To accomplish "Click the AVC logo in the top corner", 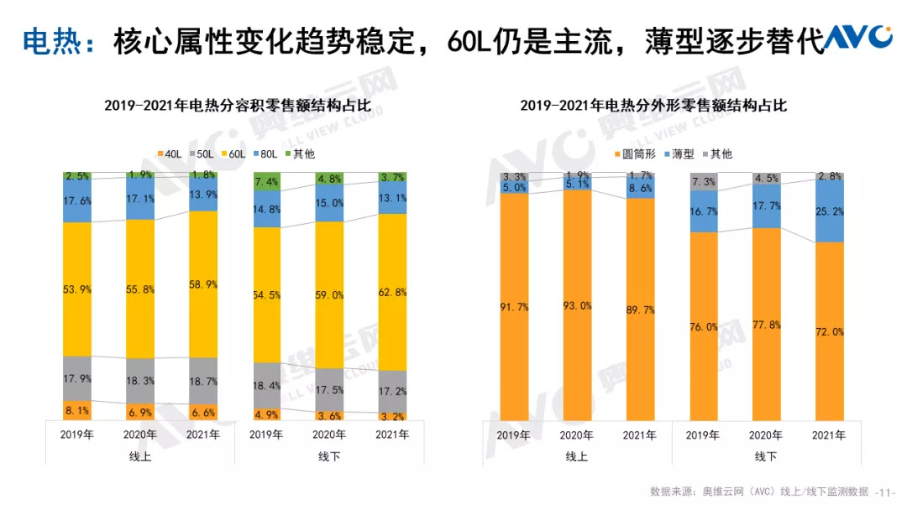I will [857, 37].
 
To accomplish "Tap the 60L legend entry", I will [234, 154].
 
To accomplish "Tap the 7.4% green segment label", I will [267, 182].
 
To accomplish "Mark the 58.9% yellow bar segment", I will [202, 284].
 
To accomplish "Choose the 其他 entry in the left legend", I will [300, 154].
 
